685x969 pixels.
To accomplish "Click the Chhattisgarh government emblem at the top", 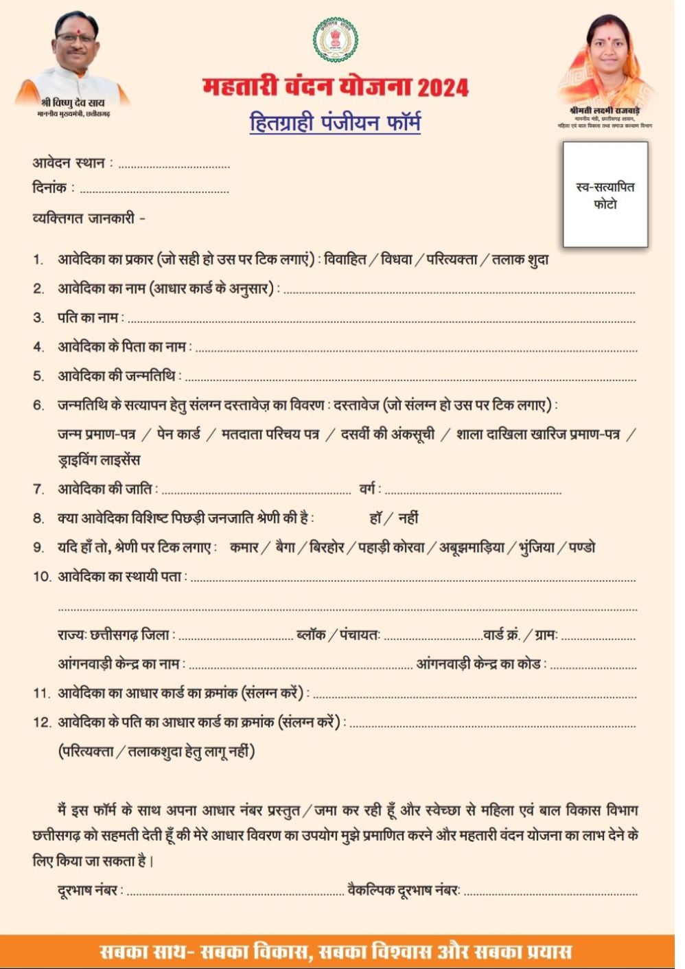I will (336, 40).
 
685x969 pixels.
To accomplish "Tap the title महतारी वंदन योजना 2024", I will (336, 87).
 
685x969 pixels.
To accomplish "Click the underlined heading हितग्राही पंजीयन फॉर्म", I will (335, 123).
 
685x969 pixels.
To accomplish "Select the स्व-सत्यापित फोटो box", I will (605, 195).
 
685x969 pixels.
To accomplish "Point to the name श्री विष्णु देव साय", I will (73, 103).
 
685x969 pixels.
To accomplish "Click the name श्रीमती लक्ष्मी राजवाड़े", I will (605, 111).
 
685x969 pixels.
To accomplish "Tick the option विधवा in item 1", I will (397, 260).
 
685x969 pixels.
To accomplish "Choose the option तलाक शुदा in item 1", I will (520, 260).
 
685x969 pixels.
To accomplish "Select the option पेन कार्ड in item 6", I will (178, 434).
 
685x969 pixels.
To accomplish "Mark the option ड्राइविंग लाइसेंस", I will (99, 460).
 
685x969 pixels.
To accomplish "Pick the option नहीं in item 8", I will (408, 518).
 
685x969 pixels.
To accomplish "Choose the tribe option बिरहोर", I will (327, 548).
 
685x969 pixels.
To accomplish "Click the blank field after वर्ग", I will (474, 492).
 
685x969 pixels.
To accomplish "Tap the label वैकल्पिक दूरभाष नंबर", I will (404, 891).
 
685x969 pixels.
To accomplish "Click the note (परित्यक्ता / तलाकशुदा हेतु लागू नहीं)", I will (156, 752).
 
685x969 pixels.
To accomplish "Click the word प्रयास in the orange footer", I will (544, 952).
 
